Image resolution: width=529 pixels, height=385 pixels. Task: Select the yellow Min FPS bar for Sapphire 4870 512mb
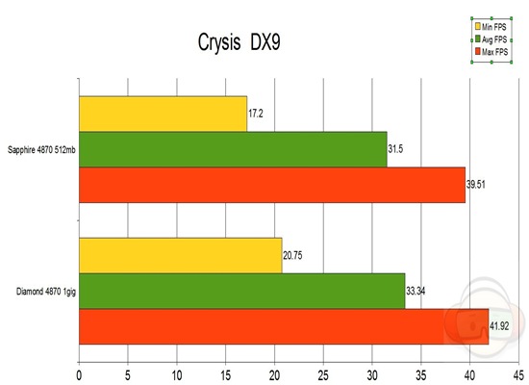coord(163,114)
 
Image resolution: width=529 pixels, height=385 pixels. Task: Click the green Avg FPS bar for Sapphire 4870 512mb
coord(232,149)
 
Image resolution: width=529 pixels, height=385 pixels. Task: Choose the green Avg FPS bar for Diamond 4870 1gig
coord(241,291)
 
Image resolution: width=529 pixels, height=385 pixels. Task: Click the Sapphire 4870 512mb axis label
coord(39,149)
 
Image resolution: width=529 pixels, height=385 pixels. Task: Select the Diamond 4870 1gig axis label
coord(41,291)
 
